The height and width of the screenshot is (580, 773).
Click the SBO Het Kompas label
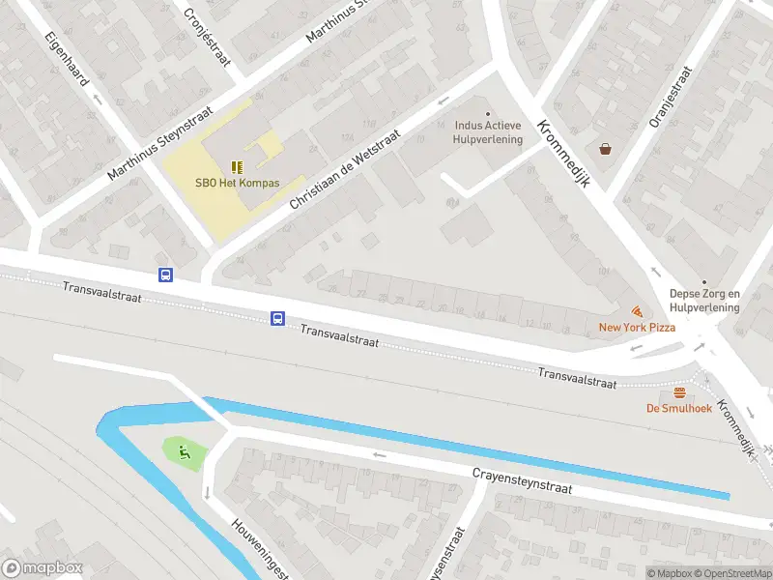[238, 183]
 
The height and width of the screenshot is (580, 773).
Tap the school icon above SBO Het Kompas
[238, 166]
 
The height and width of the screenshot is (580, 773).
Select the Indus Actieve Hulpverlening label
[488, 132]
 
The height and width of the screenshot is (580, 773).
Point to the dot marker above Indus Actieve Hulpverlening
[488, 113]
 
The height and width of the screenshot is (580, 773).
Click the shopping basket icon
[606, 149]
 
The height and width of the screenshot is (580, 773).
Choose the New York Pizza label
[637, 328]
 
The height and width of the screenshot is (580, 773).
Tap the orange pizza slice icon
[637, 311]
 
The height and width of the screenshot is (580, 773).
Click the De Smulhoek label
[679, 408]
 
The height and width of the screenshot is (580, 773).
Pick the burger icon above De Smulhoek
[679, 392]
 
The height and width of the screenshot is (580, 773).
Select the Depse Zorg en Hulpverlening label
[704, 301]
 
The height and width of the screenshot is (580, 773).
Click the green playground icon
[184, 450]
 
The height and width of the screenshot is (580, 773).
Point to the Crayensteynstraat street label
[522, 480]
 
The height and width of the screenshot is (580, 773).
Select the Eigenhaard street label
[67, 59]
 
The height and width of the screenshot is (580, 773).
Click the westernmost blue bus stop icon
[165, 275]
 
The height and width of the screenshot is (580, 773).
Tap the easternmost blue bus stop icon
[277, 318]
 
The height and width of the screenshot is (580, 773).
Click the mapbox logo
[42, 568]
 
